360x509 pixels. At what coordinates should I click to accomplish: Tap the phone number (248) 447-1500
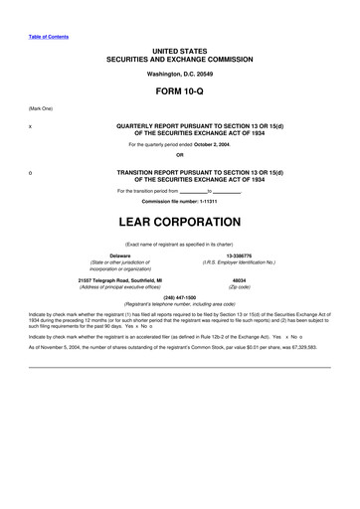tap(179, 298)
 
